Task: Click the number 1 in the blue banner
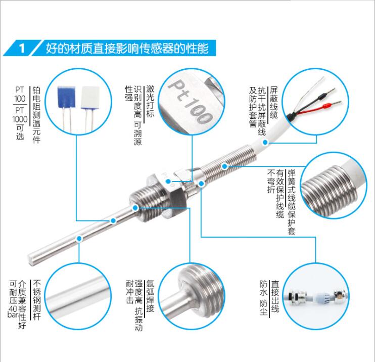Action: (x=21, y=49)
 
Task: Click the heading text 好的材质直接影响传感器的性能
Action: (x=126, y=49)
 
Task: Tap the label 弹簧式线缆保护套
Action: (x=291, y=202)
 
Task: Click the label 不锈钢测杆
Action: (x=36, y=298)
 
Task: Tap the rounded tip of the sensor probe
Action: (x=34, y=261)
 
